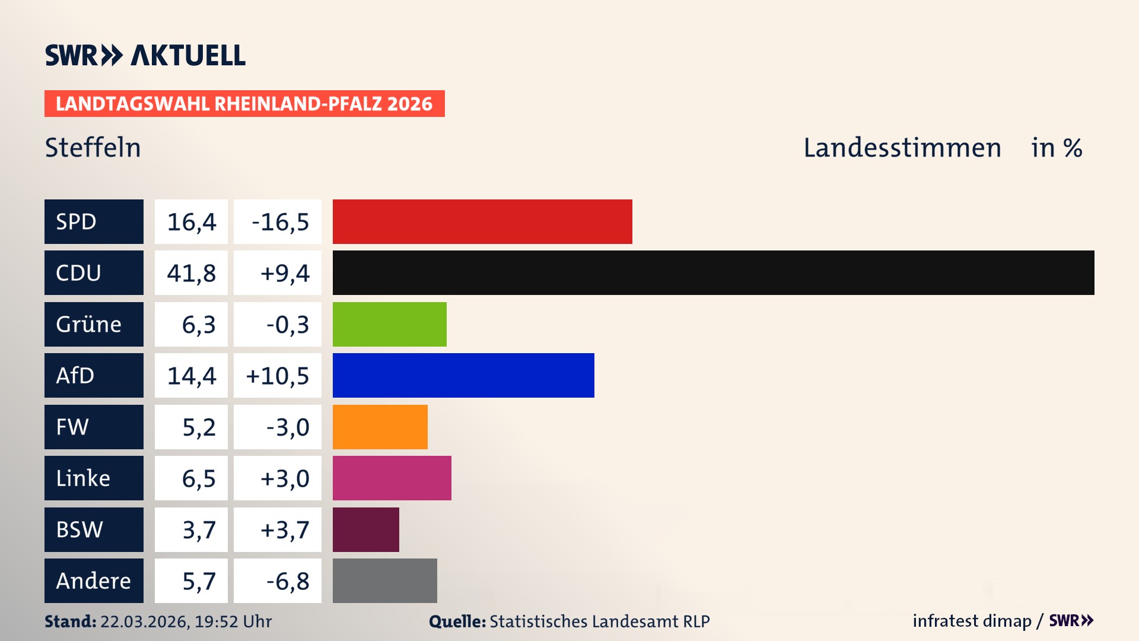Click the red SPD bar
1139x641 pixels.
482,221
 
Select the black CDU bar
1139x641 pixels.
713,272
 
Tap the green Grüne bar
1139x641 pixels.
389,324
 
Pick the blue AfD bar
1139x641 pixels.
463,375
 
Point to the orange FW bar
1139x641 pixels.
380,427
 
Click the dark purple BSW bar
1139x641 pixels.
365,529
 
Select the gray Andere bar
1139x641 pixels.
384,580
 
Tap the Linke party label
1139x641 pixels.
94,478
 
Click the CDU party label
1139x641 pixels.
94,272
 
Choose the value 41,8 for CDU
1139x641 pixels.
191,273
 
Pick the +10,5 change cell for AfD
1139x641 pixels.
278,376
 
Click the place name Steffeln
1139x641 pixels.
93,148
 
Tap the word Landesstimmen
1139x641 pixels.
902,148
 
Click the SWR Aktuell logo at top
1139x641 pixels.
145,55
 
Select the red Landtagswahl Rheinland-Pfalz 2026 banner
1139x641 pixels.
244,104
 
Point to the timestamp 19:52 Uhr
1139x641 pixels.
233,621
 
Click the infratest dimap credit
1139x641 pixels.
972,621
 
